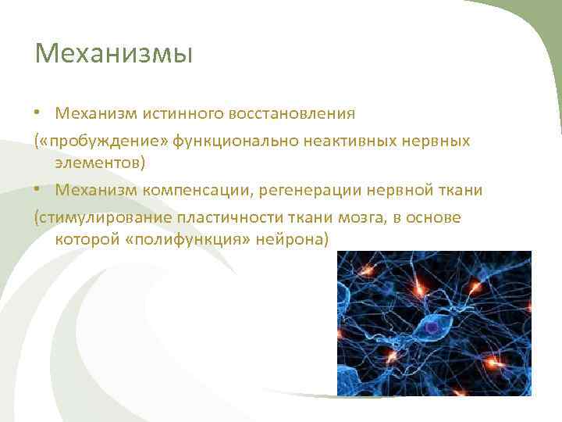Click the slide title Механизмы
[x=114, y=55]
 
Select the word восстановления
[x=291, y=114]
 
